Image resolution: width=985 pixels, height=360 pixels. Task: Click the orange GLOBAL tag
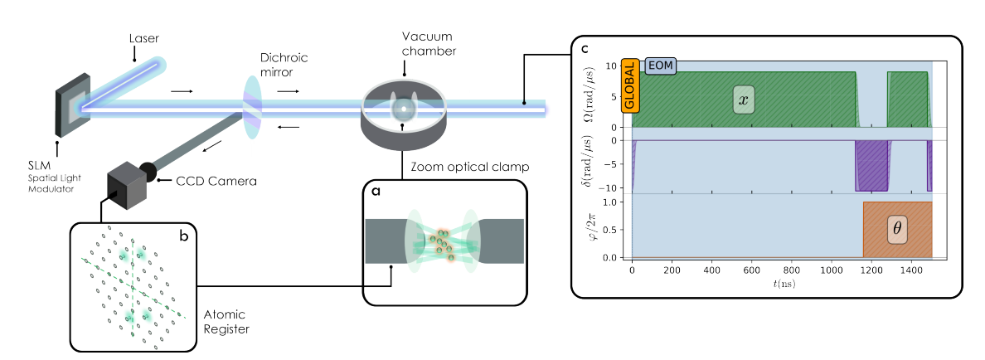point(629,85)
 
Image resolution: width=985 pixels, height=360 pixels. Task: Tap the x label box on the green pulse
point(744,100)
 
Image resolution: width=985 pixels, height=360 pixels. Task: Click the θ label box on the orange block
point(897,229)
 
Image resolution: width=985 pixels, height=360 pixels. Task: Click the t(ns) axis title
point(782,283)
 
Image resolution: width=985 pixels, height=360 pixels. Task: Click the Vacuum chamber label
point(429,44)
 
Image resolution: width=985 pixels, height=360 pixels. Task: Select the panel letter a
point(376,191)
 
